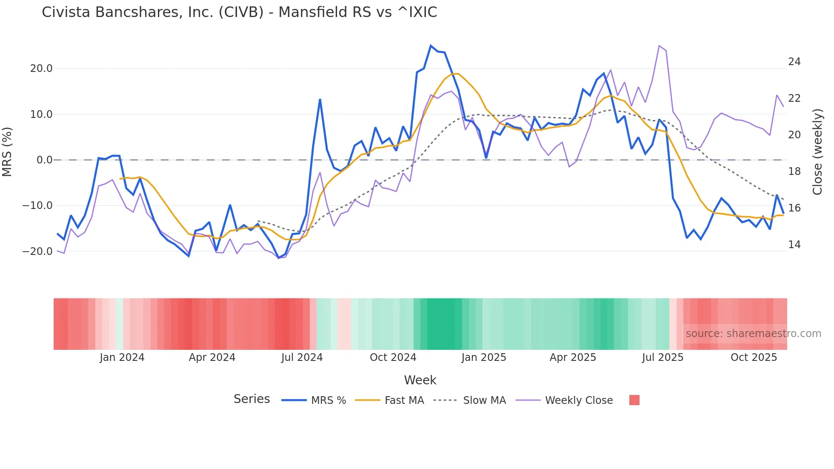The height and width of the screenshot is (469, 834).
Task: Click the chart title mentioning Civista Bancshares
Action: coord(239,12)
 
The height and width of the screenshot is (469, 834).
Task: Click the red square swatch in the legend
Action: coord(634,400)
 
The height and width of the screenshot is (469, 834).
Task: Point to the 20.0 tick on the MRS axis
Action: coord(41,69)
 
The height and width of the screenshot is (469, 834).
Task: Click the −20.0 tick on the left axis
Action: coord(37,252)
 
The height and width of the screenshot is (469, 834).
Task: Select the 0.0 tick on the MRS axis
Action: coord(44,160)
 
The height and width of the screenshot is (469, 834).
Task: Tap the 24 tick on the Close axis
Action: coord(794,62)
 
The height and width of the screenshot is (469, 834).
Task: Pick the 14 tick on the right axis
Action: coord(794,245)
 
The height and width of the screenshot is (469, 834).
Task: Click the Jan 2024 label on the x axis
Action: coord(122,357)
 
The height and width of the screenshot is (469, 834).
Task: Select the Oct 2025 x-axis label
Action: coord(754,357)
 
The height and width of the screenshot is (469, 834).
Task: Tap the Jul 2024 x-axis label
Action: coord(302,357)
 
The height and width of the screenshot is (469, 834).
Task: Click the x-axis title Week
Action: coord(420,380)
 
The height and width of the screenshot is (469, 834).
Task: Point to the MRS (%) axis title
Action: coord(7,152)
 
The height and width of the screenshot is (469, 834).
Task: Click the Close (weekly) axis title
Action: coord(817,152)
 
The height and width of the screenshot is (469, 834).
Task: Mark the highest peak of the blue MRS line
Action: coord(431,46)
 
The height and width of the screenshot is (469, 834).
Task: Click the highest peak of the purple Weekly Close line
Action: coord(659,46)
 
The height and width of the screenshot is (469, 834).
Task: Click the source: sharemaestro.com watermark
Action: coord(753,334)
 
